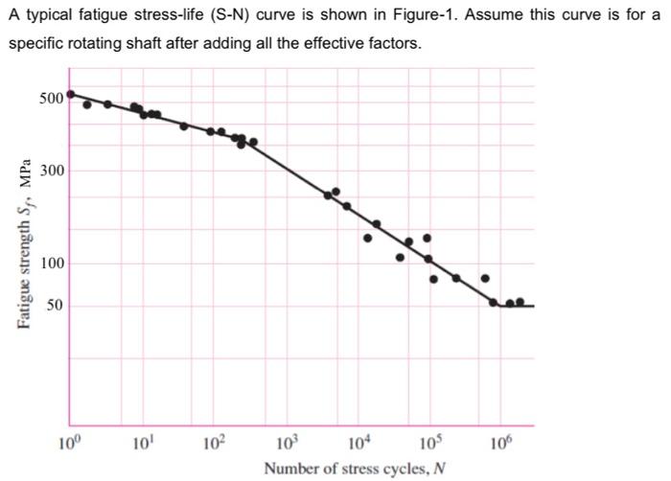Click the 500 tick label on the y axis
(52, 98)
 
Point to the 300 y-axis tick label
(52, 171)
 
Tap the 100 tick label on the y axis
(52, 263)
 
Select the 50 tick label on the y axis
(56, 306)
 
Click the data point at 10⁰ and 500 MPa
(71, 94)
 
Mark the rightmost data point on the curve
(521, 302)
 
